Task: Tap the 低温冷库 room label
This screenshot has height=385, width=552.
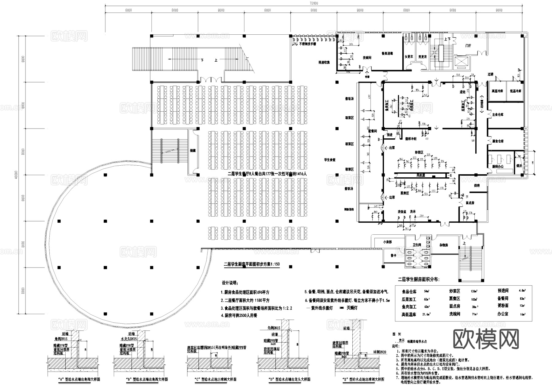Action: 516,91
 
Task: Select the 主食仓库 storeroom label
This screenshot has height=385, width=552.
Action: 498,115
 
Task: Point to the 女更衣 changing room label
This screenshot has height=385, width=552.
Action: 409,57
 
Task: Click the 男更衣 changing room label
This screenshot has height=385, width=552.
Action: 422,57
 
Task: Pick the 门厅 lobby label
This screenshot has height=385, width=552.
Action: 468,46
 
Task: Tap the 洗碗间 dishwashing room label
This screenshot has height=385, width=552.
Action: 367,58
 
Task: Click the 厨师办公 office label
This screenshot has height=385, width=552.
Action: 498,166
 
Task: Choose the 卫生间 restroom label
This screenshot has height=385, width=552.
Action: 417,244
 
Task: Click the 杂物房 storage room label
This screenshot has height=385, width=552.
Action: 444,245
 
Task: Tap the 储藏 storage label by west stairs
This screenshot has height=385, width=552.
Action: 193,151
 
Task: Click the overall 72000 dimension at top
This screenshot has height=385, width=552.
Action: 313,3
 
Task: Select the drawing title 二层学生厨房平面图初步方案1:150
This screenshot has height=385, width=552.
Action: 251,264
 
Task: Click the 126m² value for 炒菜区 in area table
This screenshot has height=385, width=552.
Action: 474,291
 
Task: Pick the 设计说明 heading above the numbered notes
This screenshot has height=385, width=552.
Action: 229,283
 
